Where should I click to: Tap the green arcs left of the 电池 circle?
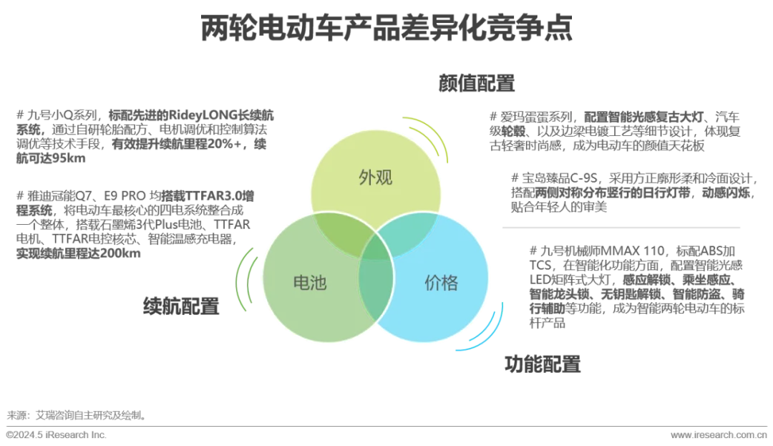coord(244,281)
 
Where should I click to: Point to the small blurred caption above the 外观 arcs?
coord(475,83)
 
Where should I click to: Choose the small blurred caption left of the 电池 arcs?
coord(180,306)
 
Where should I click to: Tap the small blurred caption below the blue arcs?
coord(544,364)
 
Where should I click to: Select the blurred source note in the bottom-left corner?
coord(75,423)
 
